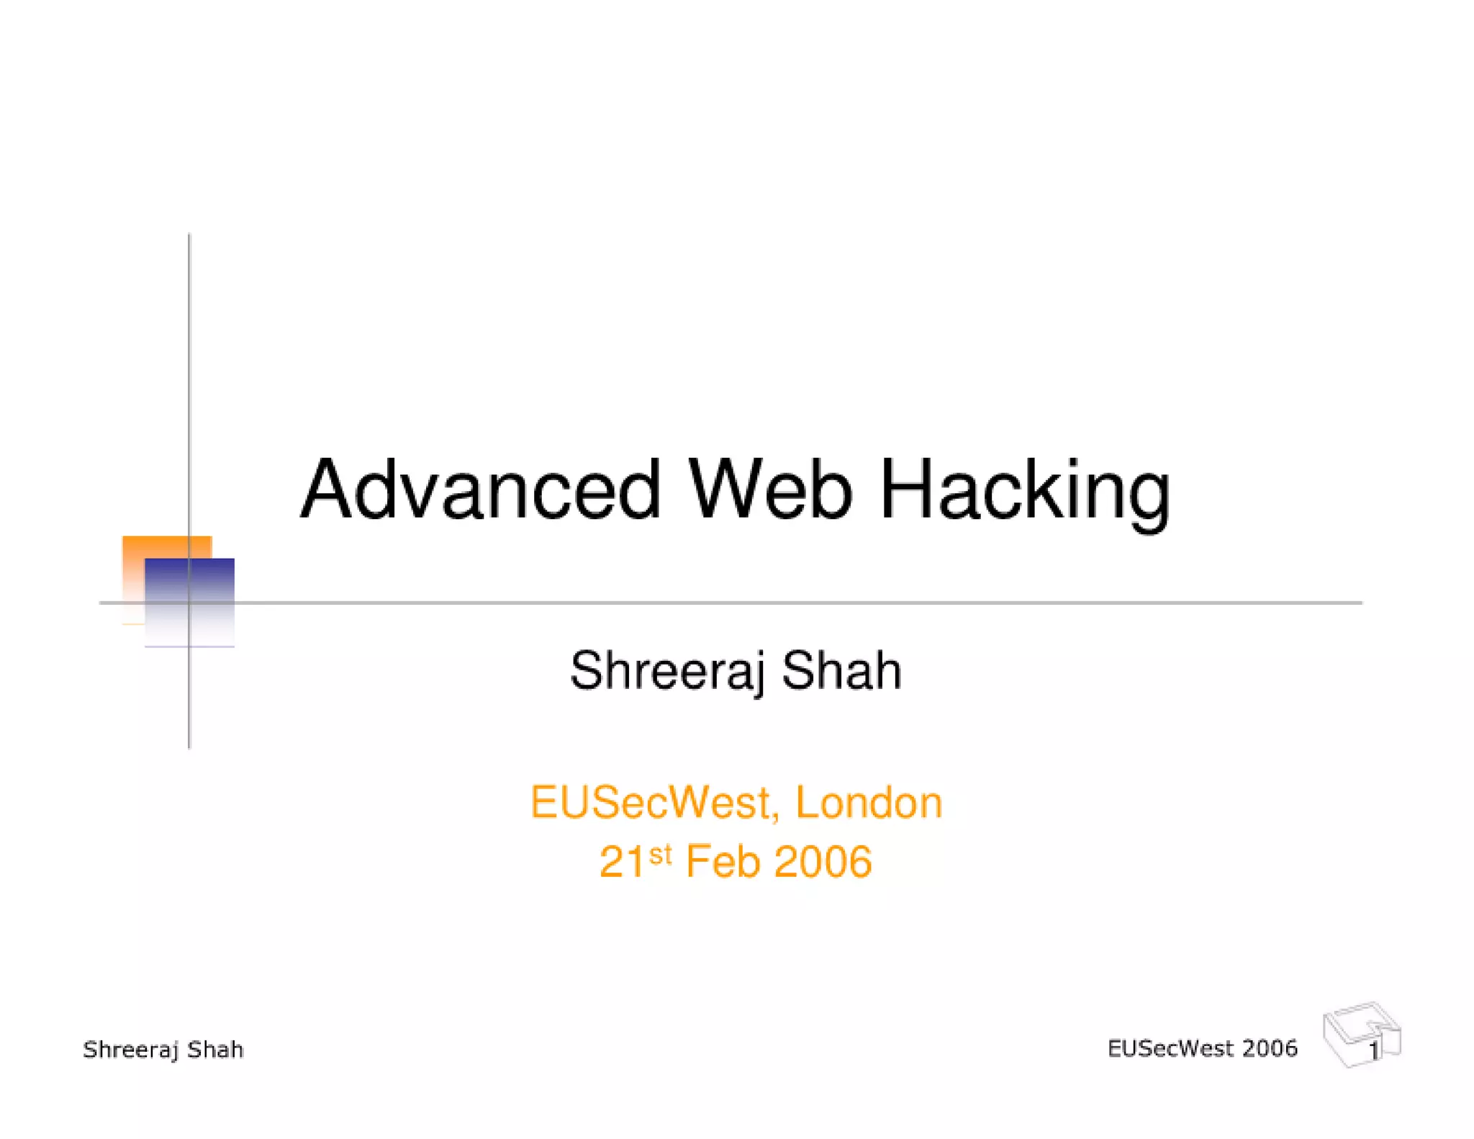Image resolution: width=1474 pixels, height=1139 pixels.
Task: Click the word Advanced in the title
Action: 480,490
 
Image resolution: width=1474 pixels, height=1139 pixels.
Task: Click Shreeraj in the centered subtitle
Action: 666,671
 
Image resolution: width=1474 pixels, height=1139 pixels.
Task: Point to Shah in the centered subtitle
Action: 841,671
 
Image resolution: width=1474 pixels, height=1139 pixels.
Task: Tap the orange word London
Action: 869,803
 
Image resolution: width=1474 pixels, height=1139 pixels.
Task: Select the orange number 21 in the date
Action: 622,862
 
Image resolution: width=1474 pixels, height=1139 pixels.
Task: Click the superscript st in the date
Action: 660,854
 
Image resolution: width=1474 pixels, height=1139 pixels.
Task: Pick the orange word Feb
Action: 723,862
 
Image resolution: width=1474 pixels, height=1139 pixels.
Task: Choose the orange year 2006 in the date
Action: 823,862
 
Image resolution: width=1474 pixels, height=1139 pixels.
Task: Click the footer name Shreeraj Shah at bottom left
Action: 163,1050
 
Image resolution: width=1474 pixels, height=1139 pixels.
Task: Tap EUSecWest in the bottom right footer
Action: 1170,1048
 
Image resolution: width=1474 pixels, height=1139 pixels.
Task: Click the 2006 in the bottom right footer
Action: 1270,1048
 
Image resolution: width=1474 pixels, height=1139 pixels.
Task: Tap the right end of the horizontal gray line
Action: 1360,603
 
